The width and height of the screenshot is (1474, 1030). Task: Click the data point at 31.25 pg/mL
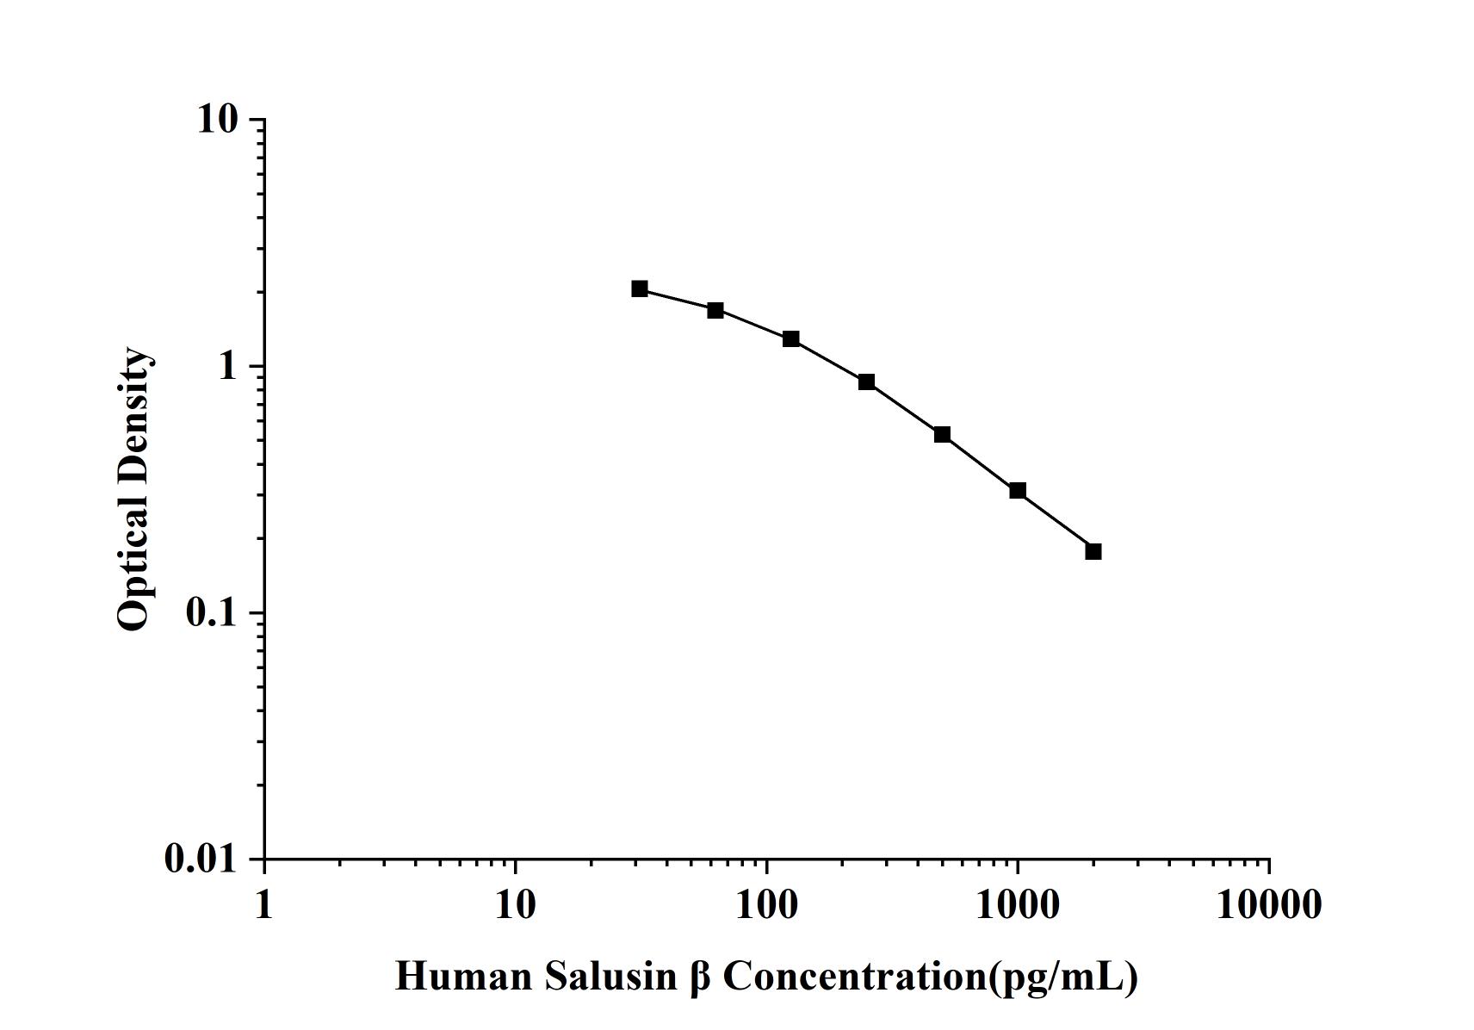coord(640,289)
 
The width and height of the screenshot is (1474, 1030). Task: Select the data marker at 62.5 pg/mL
coord(715,310)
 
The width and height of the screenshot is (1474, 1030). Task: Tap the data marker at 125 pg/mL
coord(791,338)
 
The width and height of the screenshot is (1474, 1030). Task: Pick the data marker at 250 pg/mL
coord(866,382)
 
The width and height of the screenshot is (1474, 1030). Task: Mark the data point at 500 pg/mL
coord(942,434)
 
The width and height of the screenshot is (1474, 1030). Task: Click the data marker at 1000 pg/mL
coord(1018,491)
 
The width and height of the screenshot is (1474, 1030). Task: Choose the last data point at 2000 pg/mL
coord(1093,551)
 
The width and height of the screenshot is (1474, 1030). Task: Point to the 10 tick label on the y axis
coord(216,119)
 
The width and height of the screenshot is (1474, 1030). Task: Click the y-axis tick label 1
coord(227,366)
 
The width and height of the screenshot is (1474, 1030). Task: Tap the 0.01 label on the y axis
coord(200,859)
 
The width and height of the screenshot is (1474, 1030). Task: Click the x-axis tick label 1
coord(263,905)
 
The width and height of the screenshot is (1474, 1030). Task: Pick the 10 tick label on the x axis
coord(515,905)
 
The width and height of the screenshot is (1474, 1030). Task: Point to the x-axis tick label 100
coord(766,905)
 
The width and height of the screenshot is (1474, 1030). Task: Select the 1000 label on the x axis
coord(1018,905)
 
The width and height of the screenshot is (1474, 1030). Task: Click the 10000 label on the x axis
coord(1268,905)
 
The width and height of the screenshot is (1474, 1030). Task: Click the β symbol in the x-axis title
coord(699,977)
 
